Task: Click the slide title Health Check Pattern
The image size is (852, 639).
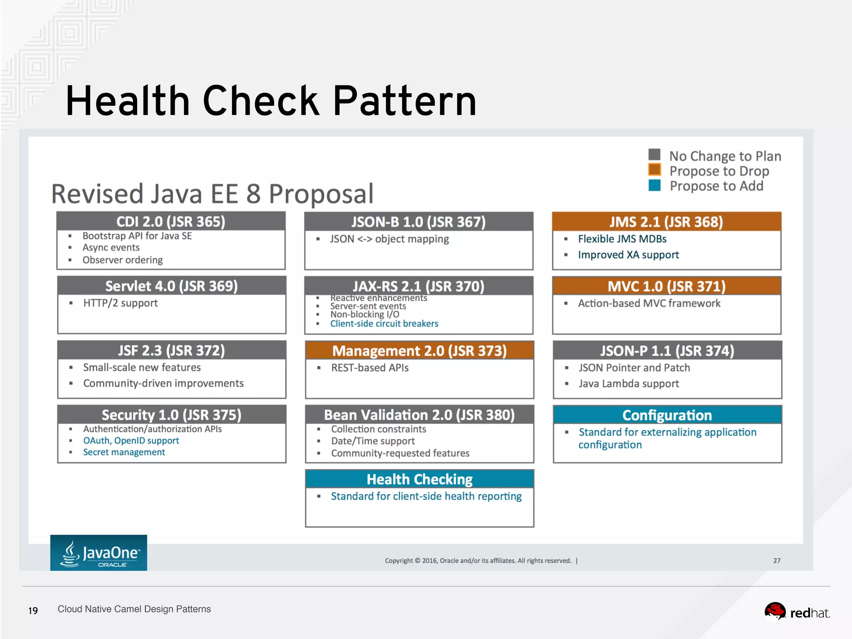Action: tap(271, 101)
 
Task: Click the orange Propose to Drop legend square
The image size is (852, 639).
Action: tap(654, 170)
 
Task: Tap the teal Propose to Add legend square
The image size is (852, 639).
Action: tap(654, 185)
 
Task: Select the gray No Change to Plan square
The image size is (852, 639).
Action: tap(654, 154)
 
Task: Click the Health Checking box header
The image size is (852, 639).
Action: tap(419, 479)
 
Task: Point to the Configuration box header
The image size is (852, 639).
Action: tap(667, 415)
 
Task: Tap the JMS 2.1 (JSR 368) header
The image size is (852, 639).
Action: tap(666, 222)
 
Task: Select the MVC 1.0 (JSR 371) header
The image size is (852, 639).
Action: tap(666, 286)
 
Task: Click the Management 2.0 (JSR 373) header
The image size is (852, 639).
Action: tap(419, 351)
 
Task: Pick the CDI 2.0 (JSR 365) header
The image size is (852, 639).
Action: tap(171, 221)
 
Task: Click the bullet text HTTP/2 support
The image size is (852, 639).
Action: tap(121, 303)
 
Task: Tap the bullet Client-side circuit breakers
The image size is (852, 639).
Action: tap(384, 324)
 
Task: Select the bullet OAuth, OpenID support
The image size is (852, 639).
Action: tap(131, 441)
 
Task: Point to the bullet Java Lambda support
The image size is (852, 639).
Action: tap(629, 384)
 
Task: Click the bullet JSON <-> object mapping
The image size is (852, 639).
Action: tap(389, 239)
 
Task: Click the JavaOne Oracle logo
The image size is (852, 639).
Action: tap(99, 553)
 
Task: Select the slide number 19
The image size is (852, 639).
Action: tap(33, 611)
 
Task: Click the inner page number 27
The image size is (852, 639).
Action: tap(777, 561)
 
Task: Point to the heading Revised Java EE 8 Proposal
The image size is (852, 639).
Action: tap(212, 194)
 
